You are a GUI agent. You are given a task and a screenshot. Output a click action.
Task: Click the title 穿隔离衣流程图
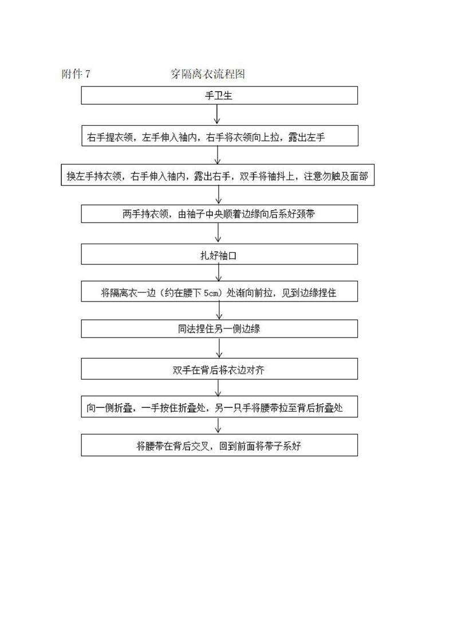click(208, 74)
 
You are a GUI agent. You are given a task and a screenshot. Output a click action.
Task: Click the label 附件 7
click(76, 74)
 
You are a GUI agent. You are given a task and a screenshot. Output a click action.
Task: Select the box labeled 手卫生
click(219, 96)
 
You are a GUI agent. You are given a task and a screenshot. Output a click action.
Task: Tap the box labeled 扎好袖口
click(219, 254)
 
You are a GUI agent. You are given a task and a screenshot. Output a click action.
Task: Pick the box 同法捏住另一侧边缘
click(219, 329)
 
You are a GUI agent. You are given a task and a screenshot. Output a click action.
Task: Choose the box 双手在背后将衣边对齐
click(219, 369)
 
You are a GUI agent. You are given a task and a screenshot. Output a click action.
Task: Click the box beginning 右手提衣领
click(220, 136)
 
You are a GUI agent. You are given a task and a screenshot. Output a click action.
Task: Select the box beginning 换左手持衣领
click(218, 175)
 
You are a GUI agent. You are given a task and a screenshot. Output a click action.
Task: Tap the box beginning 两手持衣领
click(219, 214)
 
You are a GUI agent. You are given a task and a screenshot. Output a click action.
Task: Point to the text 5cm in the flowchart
click(212, 293)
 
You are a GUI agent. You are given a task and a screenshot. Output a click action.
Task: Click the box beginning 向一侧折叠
click(219, 407)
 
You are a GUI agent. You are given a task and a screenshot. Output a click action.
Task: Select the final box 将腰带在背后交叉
click(219, 445)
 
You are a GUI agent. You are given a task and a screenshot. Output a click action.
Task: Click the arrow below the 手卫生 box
click(217, 114)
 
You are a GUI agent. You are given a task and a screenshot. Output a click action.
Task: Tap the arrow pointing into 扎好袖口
click(218, 233)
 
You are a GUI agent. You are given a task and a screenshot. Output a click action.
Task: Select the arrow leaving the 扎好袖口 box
click(218, 272)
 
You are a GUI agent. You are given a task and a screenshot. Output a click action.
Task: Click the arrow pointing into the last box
click(218, 425)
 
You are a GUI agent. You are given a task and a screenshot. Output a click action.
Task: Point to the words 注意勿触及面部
click(336, 176)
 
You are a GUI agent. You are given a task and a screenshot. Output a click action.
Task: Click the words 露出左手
click(307, 137)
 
